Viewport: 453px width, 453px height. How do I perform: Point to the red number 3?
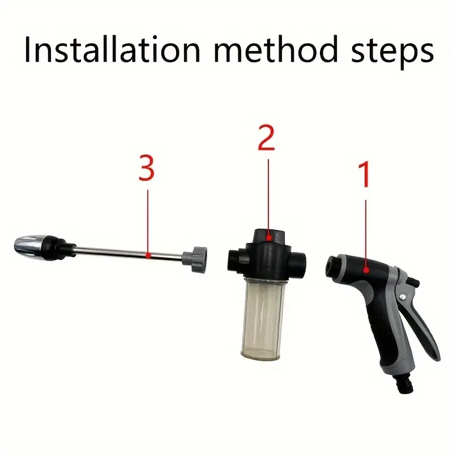click(x=147, y=169)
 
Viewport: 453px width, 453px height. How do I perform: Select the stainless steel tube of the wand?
click(x=130, y=253)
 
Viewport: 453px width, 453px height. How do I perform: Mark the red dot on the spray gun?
click(x=366, y=270)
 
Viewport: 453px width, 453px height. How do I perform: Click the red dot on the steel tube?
click(x=147, y=255)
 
